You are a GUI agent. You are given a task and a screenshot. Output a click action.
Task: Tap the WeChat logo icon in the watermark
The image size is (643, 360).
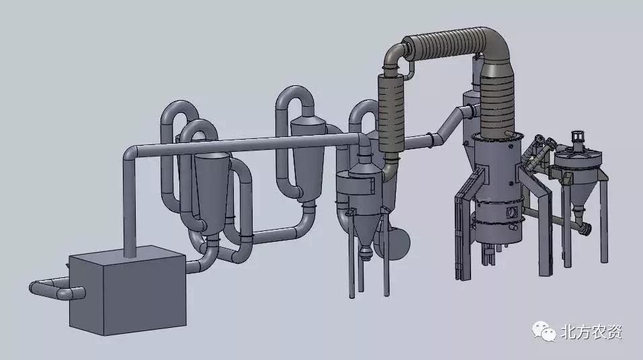pos(544,331)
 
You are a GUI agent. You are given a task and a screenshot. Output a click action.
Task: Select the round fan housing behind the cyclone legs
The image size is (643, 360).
pos(396,242)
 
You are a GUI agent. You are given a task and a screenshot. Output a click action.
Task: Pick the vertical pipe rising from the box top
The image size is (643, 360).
pos(130,205)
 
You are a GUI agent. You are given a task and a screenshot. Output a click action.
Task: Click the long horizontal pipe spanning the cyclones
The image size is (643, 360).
pos(246,144)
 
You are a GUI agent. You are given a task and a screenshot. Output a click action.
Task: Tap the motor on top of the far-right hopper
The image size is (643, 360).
pos(578,140)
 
